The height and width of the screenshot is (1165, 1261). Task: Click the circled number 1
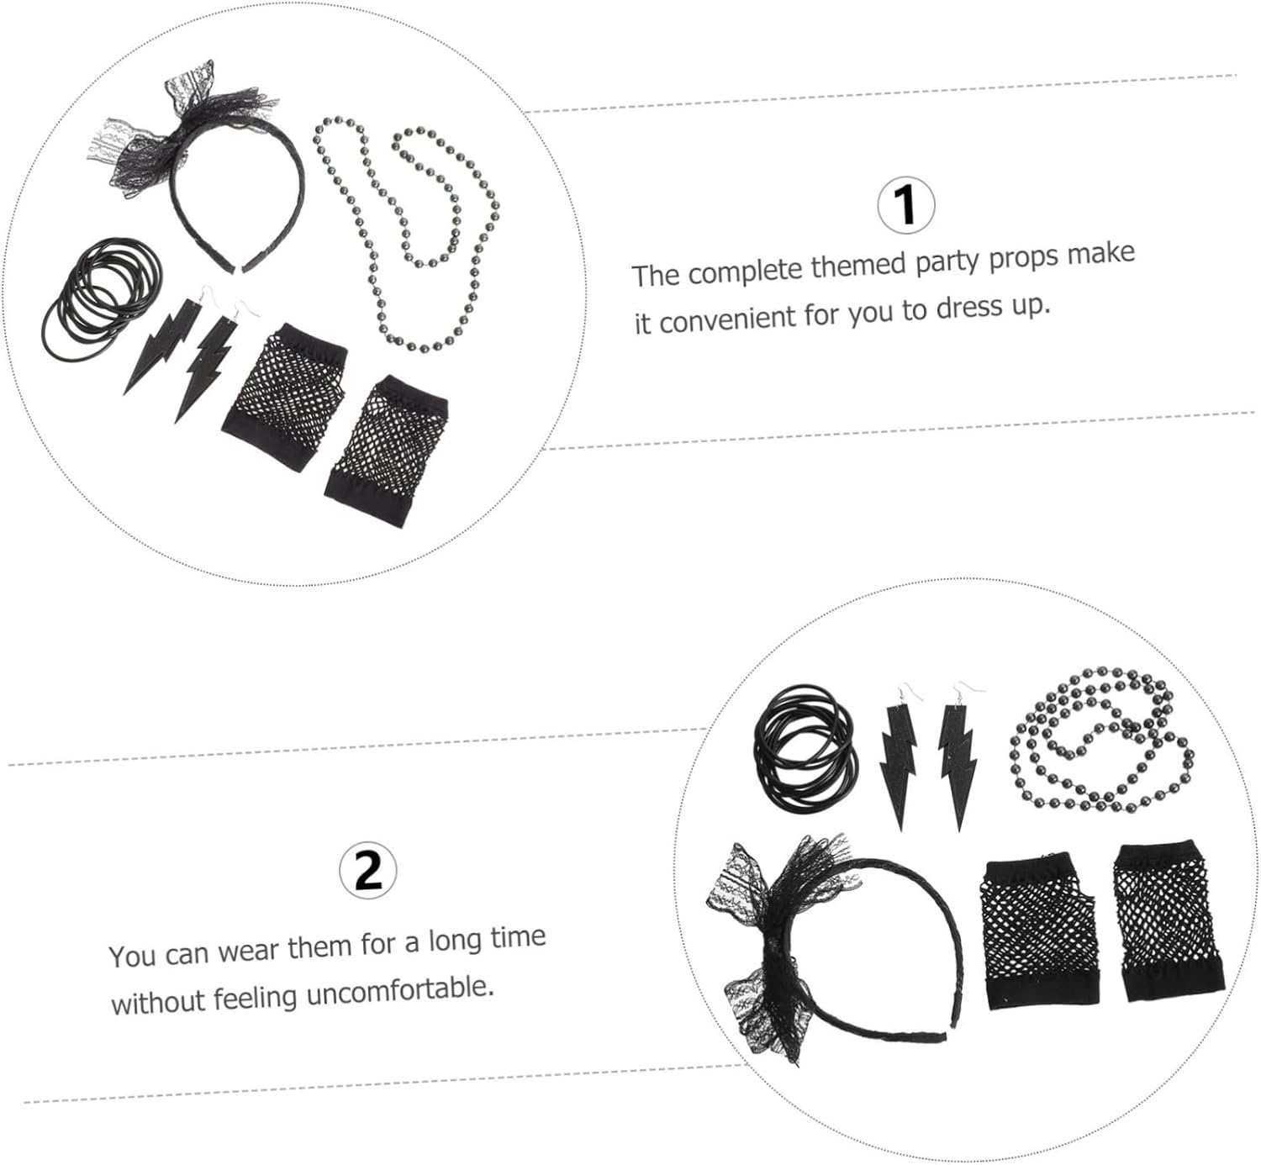coord(906,205)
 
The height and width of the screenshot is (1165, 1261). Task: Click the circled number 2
coord(368,871)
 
